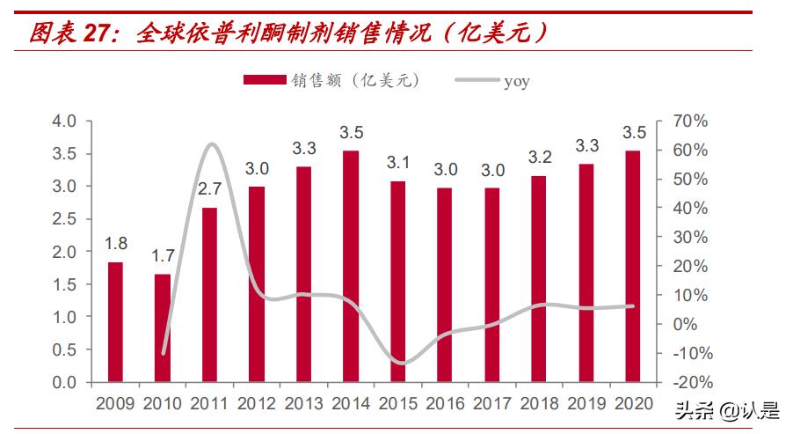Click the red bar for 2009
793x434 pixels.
pos(116,322)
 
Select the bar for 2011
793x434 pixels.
pos(209,295)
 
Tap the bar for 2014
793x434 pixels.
pos(351,267)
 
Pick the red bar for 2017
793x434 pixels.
pos(492,285)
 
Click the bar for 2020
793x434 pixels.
pos(633,267)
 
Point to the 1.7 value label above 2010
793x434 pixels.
pos(163,258)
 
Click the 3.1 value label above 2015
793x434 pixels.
pos(398,163)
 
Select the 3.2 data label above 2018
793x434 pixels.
pos(539,158)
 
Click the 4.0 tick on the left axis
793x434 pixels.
pos(66,121)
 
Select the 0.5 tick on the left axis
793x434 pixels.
pos(66,349)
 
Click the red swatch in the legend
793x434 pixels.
pos(265,81)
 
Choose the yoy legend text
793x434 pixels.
pos(517,82)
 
